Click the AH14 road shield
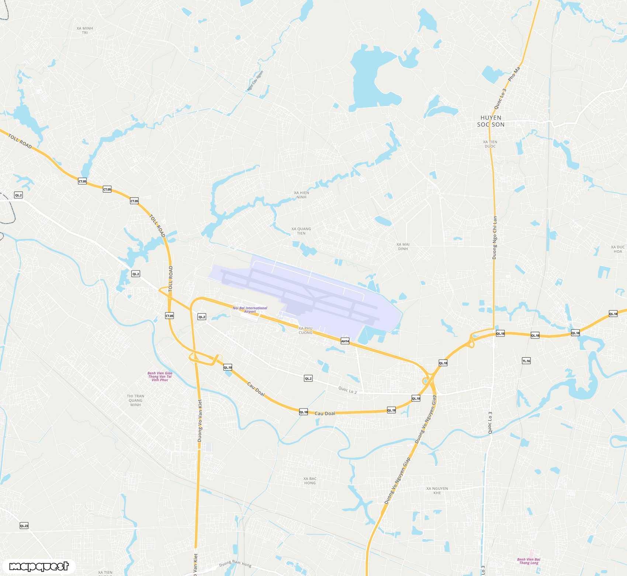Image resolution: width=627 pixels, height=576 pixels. pos(345,341)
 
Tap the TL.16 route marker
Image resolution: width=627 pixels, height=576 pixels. pos(526,361)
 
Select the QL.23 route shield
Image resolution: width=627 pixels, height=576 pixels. pos(24,525)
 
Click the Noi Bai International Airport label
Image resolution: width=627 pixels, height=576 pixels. pos(250,309)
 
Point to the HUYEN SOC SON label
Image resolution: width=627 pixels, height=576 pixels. pos(491,121)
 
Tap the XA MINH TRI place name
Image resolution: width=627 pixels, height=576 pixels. pos(85,30)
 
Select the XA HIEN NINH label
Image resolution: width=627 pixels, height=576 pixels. pos(301,195)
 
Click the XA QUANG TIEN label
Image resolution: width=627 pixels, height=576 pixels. pos(301,231)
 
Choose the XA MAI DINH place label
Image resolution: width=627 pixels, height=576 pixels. pos(403,246)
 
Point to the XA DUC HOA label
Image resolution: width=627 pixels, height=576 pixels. pos(618,249)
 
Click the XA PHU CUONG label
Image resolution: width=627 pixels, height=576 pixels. pos(305,330)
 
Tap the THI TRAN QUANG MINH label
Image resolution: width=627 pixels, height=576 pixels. pos(135,400)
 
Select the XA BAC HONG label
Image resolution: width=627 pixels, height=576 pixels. pos(310,481)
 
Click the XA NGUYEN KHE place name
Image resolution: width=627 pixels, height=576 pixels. pos(437,490)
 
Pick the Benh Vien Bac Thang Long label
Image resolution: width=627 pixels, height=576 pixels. pos(529,561)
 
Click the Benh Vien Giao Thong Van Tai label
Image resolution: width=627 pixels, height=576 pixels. pos(160,376)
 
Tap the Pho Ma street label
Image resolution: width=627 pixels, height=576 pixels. pos(514,74)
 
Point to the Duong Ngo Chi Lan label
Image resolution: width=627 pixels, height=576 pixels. pos(495,237)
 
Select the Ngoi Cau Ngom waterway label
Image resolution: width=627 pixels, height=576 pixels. pos(255,81)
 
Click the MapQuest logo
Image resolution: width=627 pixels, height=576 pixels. pos(39,566)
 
